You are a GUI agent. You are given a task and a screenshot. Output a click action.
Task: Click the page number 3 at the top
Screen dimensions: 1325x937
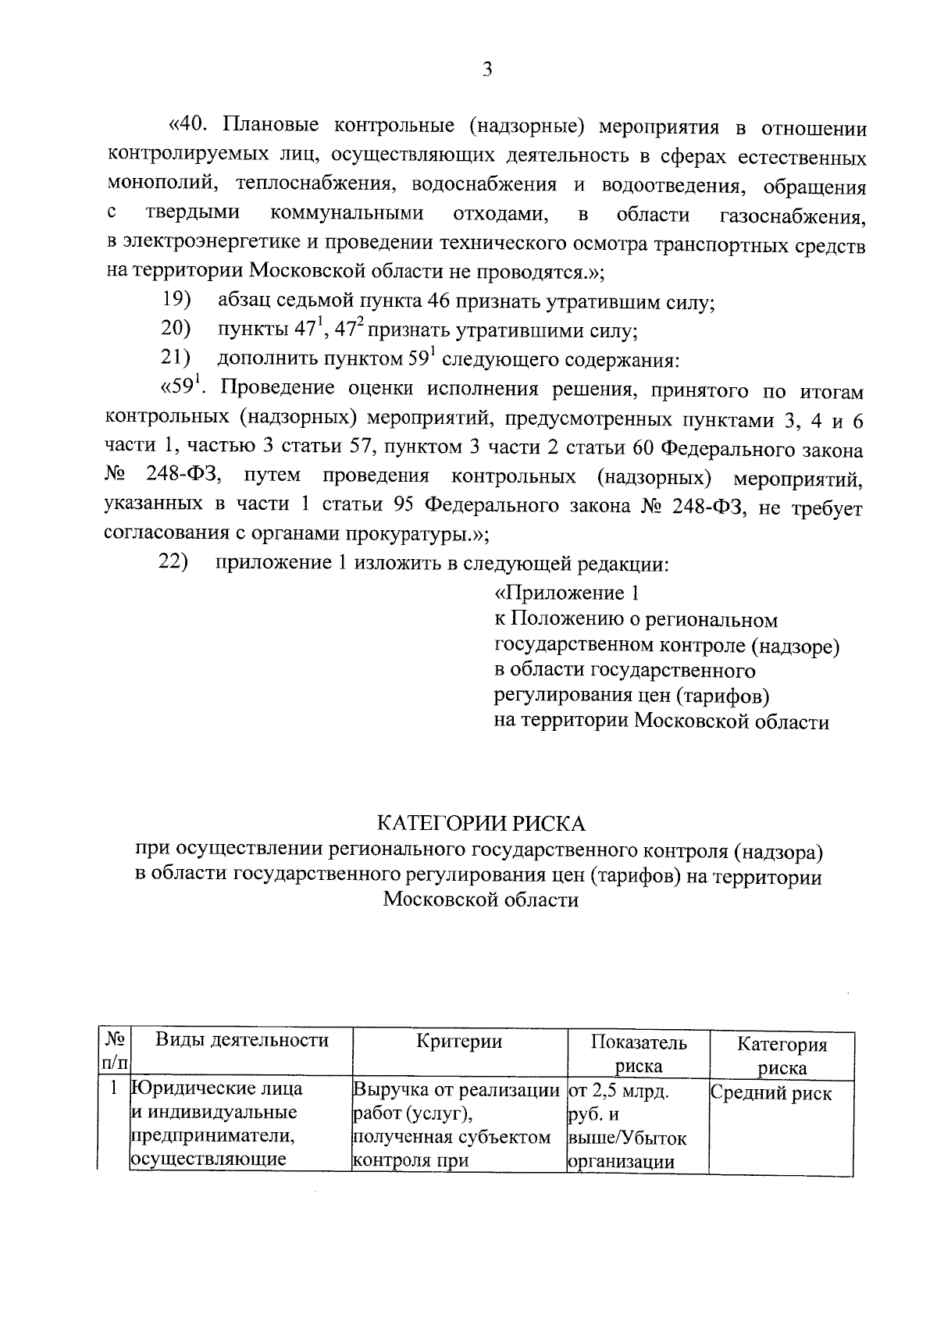487,70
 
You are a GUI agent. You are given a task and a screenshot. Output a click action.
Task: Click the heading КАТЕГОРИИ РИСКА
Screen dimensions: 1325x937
481,824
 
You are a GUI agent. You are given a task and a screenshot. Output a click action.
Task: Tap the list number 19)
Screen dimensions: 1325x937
177,300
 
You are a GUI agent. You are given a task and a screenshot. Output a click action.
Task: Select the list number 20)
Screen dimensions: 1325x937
177,329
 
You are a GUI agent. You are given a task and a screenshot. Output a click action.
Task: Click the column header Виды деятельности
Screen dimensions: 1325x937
241,1041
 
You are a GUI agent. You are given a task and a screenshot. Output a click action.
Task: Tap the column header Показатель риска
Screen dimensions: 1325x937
638,1054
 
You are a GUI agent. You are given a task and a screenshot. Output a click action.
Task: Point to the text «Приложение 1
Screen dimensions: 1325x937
568,593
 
